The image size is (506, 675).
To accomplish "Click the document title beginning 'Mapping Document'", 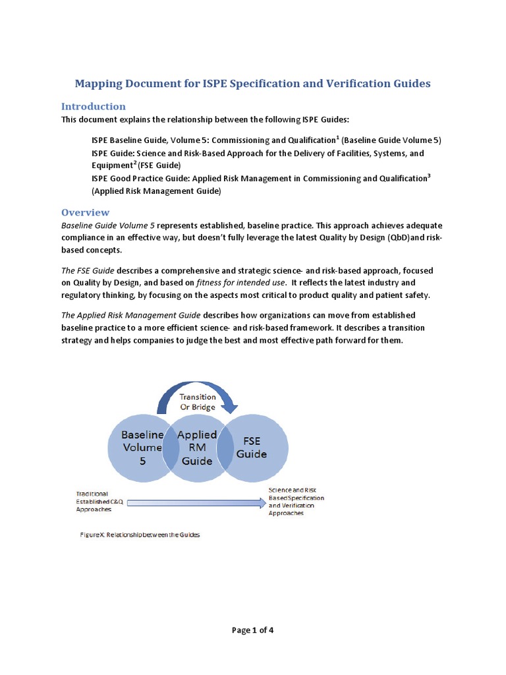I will pyautogui.click(x=252, y=84).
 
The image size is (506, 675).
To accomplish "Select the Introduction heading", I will pyautogui.click(x=93, y=106).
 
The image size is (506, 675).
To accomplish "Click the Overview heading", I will pyautogui.click(x=85, y=212).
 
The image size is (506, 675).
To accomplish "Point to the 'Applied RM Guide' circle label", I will pyautogui.click(x=197, y=448).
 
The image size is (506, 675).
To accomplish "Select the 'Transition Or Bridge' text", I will pyautogui.click(x=198, y=401).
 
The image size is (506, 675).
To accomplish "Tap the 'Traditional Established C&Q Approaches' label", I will pyautogui.click(x=99, y=501).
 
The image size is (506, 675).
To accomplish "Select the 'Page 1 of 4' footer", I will pyautogui.click(x=252, y=630).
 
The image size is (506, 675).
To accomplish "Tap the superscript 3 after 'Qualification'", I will pyautogui.click(x=429, y=175).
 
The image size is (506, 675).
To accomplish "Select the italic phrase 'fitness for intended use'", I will pyautogui.click(x=240, y=282).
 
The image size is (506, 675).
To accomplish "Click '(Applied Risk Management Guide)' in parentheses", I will pyautogui.click(x=156, y=191).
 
